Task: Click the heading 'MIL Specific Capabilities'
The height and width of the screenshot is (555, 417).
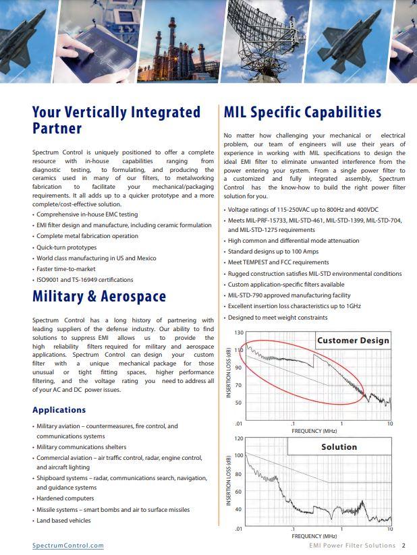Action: pos(302,112)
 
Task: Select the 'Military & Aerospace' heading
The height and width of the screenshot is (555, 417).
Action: pos(99,296)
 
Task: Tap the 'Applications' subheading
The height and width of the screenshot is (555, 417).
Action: pos(59,409)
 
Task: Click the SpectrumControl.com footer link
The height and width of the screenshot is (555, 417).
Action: pos(68,546)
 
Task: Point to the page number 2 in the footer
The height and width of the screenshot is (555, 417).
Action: pos(404,546)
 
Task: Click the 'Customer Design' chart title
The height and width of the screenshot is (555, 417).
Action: pos(353,341)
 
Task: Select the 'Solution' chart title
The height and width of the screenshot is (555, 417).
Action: pos(339,446)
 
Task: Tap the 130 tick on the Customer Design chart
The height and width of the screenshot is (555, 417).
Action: pos(239,333)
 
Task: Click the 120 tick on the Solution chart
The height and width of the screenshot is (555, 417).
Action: pos(239,438)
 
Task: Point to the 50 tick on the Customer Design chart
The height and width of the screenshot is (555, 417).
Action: pos(240,403)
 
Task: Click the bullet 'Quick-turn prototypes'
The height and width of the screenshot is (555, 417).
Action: pos(67,247)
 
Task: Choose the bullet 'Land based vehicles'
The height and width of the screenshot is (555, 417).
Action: pos(63,521)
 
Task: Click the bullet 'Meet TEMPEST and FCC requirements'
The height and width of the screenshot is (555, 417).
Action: pos(279,262)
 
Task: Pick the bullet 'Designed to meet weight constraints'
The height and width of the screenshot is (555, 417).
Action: pos(278,317)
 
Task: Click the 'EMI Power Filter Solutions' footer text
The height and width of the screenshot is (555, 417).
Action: pos(352,546)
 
